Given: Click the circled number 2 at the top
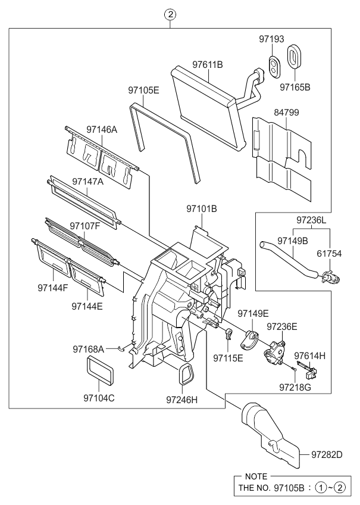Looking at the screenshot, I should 171,15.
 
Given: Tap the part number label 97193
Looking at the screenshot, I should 273,40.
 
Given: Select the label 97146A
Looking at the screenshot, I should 102,129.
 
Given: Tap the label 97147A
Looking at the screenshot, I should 88,180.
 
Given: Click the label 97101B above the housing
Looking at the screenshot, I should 201,208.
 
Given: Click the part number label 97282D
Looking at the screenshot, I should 327,455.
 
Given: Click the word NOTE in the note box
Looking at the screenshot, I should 257,477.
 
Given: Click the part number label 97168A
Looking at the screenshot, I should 89,348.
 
